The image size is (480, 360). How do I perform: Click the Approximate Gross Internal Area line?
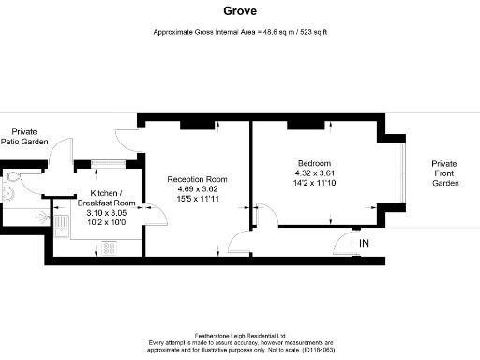(240, 32)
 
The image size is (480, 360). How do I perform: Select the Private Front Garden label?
(445, 172)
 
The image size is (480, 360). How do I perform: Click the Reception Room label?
(197, 179)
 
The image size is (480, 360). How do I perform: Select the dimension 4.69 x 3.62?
(197, 189)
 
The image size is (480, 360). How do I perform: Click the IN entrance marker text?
(364, 244)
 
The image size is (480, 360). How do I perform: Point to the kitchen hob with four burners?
(107, 248)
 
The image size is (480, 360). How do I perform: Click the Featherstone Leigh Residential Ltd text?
(240, 335)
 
